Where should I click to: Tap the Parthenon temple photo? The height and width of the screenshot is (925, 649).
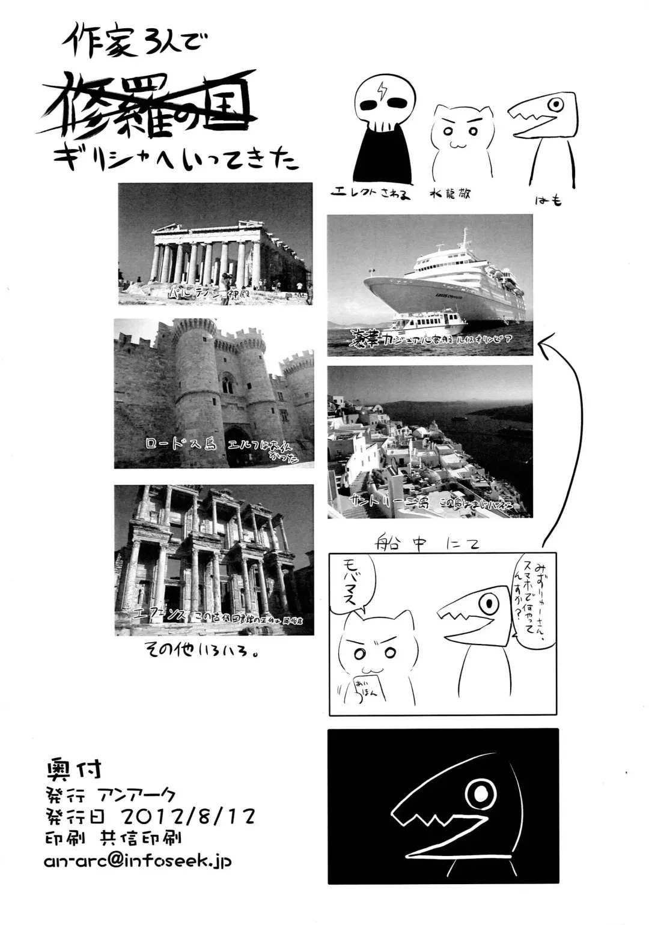215,244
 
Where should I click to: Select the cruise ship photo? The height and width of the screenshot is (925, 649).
430,285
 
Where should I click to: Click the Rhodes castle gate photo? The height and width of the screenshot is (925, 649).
214,393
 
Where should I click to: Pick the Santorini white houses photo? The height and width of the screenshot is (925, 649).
430,441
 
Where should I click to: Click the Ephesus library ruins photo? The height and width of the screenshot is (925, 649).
214,560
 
